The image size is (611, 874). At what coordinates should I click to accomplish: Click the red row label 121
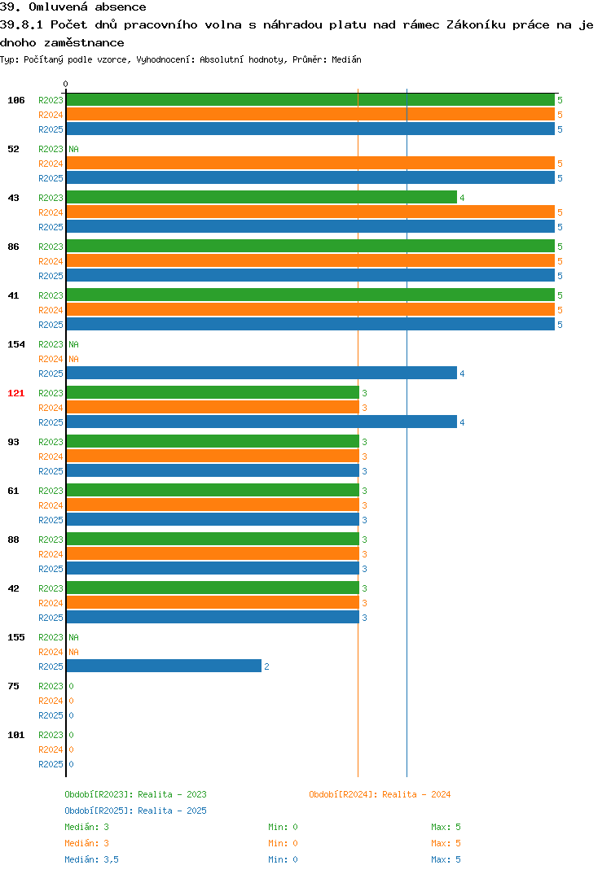(16, 393)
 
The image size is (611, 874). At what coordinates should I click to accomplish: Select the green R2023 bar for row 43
(262, 197)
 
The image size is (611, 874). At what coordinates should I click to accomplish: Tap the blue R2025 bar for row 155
(164, 666)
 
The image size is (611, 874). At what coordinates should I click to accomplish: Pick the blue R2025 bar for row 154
(262, 373)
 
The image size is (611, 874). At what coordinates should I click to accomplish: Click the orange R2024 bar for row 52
(311, 163)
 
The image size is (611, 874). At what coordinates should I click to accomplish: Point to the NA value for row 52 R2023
(73, 149)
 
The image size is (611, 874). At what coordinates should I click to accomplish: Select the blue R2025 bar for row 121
(262, 422)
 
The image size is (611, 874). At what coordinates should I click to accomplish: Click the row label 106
(16, 100)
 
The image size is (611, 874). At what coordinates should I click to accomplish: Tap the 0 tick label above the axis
(66, 84)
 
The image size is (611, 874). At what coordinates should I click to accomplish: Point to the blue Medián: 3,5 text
(91, 859)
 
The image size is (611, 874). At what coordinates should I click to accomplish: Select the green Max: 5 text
(446, 827)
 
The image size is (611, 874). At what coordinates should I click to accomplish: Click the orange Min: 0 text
(283, 843)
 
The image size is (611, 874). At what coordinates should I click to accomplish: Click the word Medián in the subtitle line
(346, 59)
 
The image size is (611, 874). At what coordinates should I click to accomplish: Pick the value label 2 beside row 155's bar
(266, 666)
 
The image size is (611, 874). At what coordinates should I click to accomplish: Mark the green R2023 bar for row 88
(213, 539)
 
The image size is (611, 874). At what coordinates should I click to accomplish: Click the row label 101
(16, 735)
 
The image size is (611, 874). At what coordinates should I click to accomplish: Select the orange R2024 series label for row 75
(51, 701)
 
